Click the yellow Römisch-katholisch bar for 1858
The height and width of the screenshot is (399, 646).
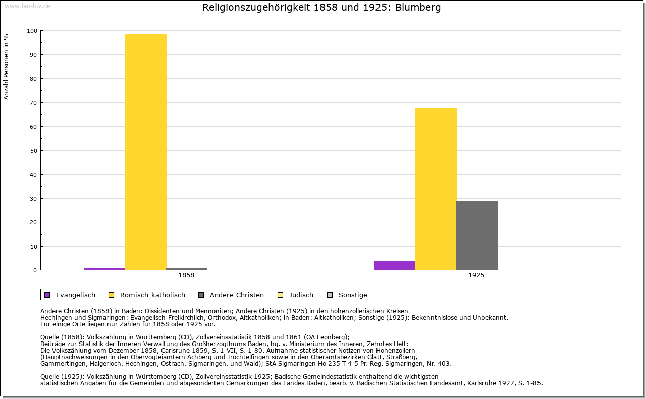(146, 151)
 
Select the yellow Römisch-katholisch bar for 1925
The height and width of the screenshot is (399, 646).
(436, 189)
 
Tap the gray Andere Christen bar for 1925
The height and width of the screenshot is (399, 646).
(477, 236)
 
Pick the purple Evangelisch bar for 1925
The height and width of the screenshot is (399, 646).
(395, 265)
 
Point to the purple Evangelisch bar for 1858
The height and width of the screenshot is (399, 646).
(104, 269)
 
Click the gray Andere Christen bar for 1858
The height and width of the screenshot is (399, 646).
(187, 269)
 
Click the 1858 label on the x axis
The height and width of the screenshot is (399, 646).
(186, 276)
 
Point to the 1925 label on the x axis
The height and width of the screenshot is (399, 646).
(476, 276)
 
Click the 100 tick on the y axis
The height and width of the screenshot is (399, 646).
(32, 31)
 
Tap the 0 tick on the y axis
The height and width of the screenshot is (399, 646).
(35, 270)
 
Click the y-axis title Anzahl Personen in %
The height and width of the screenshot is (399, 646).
(7, 67)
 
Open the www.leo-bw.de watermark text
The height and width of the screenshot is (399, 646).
(27, 6)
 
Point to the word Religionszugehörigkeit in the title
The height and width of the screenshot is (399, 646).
(248, 8)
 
